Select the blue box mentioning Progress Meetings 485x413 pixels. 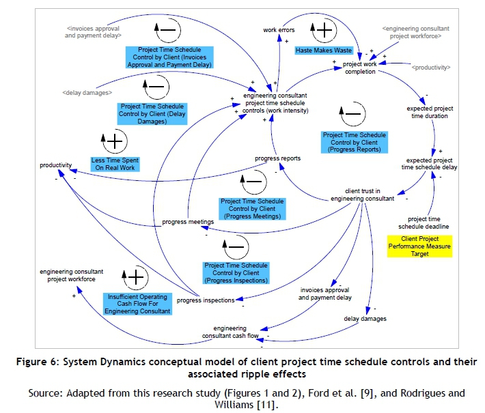point(251,209)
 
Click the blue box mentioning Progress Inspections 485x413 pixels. point(236,273)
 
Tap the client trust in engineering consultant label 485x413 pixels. point(362,195)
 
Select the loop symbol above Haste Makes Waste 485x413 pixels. point(321,31)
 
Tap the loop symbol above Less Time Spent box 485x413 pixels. point(114,141)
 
